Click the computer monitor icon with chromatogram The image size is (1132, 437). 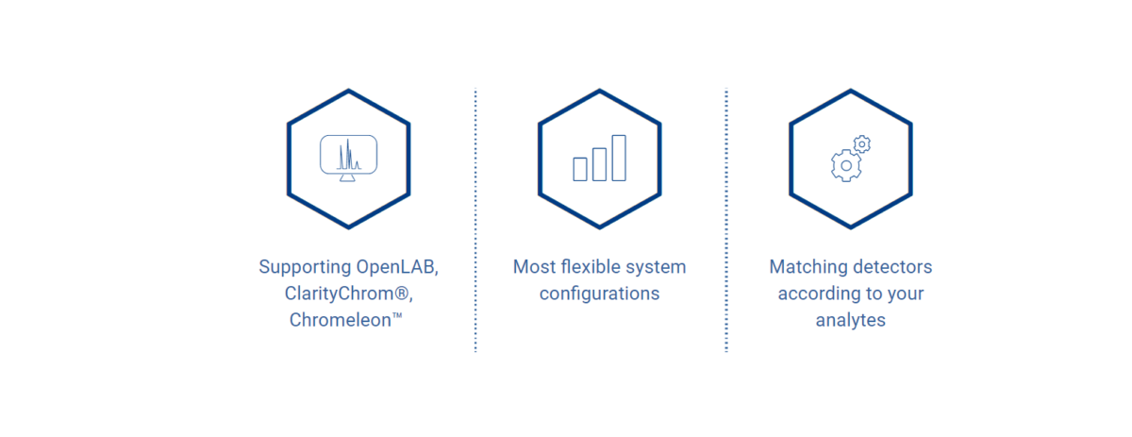point(348,158)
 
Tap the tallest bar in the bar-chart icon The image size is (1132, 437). point(619,158)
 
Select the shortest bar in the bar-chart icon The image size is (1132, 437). point(580,170)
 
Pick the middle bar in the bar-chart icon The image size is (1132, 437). point(599,164)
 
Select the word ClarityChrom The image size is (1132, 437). point(339,294)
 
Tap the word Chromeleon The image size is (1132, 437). point(341,320)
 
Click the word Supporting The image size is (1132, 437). point(305,267)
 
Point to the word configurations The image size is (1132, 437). point(599,294)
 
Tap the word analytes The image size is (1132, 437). point(851,321)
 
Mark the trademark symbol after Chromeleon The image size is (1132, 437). point(397,315)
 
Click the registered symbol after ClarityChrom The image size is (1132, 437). point(401,293)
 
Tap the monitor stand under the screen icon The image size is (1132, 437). point(347,177)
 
